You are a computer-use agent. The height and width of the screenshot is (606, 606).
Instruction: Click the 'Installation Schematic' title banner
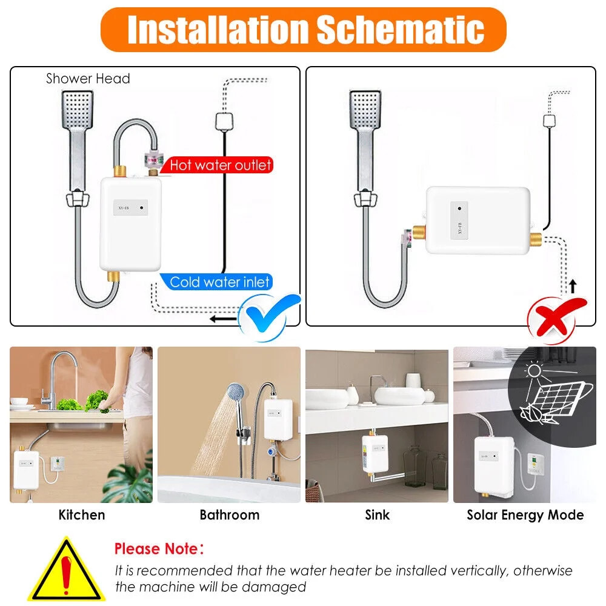click(x=303, y=29)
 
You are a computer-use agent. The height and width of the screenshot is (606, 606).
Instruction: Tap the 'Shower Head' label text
click(x=88, y=78)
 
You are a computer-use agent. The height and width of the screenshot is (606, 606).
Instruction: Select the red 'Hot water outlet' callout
click(x=220, y=165)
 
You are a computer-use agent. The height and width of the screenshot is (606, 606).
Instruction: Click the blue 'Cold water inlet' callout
click(x=220, y=282)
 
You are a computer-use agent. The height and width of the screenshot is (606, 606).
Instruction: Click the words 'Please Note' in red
click(x=157, y=549)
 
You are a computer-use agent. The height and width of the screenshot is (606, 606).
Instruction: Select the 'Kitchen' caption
click(x=82, y=515)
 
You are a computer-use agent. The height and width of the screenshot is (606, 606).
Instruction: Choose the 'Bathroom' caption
click(x=230, y=515)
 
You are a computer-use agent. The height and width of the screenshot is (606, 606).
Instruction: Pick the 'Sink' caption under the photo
click(x=377, y=515)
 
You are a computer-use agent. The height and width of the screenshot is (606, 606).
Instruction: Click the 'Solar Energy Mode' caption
click(x=525, y=515)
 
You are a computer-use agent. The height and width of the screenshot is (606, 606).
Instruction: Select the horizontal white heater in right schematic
click(x=478, y=220)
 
